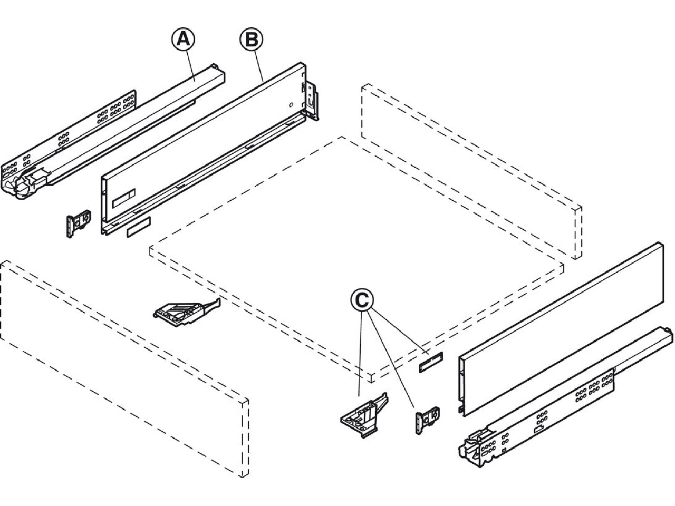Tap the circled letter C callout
362,300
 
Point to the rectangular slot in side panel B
124,199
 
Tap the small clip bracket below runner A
78,224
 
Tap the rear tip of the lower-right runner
667,335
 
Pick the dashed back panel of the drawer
469,169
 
